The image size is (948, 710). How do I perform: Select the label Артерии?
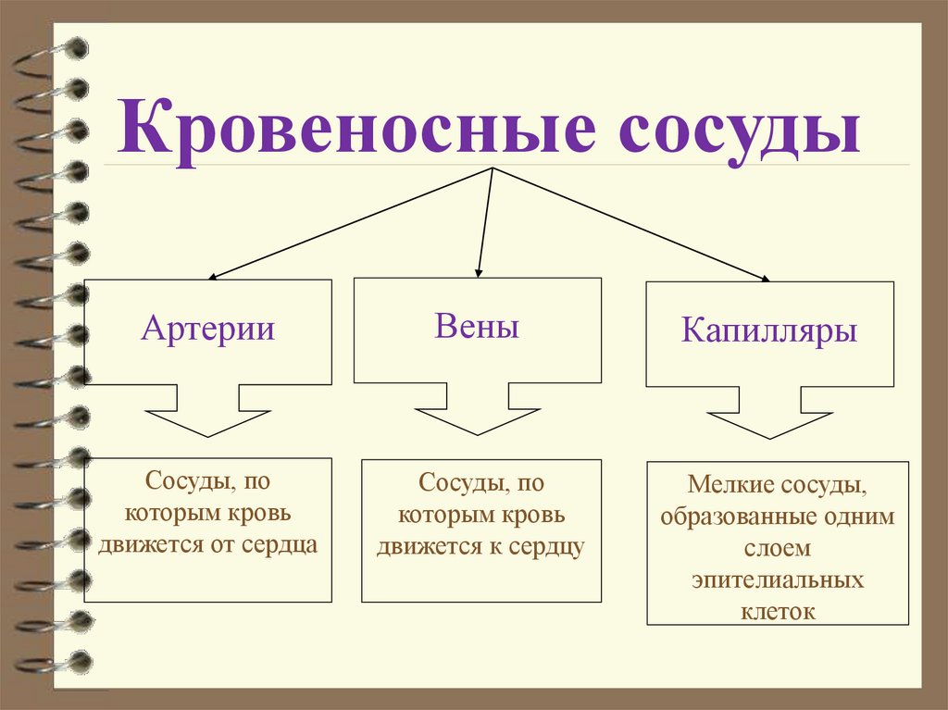[208, 329]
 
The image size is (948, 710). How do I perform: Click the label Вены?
[476, 326]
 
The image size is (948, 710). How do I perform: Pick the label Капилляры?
[769, 330]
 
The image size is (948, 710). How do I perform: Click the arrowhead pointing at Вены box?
[478, 271]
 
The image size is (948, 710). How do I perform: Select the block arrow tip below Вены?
[478, 432]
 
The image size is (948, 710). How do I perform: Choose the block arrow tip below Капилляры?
[769, 436]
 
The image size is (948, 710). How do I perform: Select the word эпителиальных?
[778, 580]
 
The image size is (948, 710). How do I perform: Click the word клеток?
[778, 611]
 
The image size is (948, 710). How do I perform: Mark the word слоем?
[778, 548]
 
